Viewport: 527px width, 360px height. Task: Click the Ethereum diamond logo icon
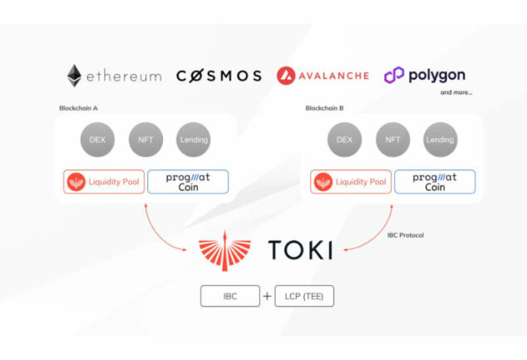point(75,76)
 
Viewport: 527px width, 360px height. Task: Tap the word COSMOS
point(219,76)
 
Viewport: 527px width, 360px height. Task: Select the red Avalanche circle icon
point(287,76)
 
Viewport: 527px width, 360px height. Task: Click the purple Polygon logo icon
point(393,76)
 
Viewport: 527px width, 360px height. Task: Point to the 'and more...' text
point(457,92)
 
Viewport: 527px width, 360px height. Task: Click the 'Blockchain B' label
point(323,108)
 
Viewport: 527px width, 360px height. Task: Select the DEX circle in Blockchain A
point(97,140)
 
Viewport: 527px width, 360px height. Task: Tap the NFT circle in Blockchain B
point(392,140)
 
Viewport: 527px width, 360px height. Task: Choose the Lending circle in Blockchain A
point(194,140)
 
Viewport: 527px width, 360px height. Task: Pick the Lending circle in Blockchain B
point(440,140)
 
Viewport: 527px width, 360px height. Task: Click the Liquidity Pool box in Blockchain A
point(103,181)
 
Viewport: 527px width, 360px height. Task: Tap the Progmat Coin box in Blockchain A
point(187,181)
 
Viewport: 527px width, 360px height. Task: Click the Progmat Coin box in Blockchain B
point(434,181)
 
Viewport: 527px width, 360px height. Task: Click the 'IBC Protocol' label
point(406,235)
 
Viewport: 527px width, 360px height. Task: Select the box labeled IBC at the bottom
point(231,296)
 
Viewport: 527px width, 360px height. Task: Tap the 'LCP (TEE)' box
point(305,296)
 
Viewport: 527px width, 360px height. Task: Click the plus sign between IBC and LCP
point(267,296)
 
